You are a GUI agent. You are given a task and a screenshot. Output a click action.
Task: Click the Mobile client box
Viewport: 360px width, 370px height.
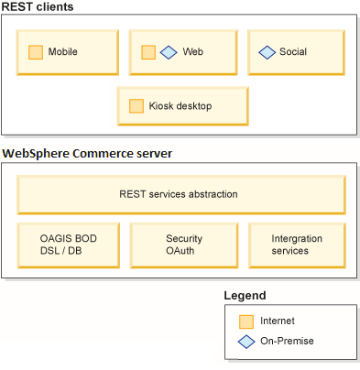(x=68, y=52)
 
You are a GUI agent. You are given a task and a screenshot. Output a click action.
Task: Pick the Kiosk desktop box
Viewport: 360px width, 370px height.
(x=183, y=106)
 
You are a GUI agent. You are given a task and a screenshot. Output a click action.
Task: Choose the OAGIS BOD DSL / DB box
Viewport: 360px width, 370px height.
(x=68, y=245)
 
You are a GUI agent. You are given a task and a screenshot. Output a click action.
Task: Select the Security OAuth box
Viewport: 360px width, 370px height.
(x=183, y=245)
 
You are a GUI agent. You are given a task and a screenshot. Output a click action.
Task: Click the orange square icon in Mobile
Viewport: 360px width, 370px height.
(x=36, y=52)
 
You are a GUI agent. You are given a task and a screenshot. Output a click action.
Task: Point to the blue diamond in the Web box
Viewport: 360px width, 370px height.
(x=169, y=52)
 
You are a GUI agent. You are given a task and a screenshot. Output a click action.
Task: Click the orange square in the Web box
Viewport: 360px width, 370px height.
(x=148, y=52)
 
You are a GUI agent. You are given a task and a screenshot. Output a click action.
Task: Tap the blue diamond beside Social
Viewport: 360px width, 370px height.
(x=267, y=52)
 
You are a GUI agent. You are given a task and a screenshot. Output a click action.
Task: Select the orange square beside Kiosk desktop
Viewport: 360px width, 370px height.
(x=136, y=106)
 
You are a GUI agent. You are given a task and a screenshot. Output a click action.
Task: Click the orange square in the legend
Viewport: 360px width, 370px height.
(x=245, y=321)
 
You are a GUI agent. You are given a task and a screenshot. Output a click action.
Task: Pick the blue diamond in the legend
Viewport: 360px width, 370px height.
(x=245, y=341)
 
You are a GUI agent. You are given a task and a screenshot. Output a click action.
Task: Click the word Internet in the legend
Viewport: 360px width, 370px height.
(x=278, y=321)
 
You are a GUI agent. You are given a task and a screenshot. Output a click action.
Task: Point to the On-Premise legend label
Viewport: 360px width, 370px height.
(x=287, y=341)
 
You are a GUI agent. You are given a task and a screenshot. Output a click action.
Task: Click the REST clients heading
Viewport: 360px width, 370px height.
(x=38, y=7)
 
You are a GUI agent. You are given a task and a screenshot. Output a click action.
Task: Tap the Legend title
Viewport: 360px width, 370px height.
(x=245, y=296)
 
